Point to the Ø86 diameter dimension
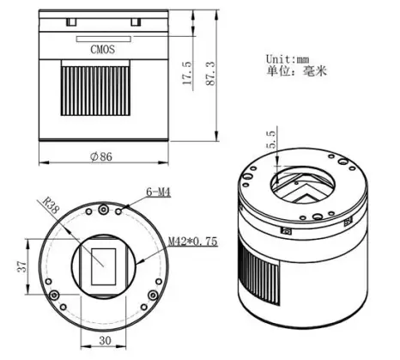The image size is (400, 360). pyautogui.click(x=100, y=157)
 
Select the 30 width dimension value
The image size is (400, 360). pyautogui.click(x=102, y=341)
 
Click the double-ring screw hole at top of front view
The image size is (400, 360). pyautogui.click(x=102, y=209)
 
